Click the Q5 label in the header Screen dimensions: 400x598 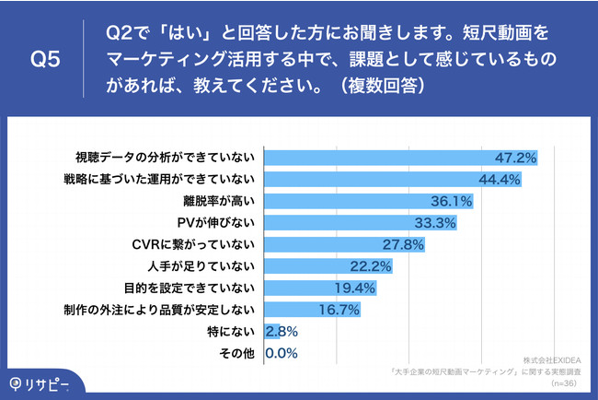pyautogui.click(x=45, y=61)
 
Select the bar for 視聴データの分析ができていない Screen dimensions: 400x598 pyautogui.click(x=400, y=158)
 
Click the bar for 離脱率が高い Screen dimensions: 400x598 pyautogui.click(x=368, y=201)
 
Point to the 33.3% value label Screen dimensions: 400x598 pyautogui.click(x=434, y=223)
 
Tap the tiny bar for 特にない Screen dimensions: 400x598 pyautogui.click(x=268, y=330)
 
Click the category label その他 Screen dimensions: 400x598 pyautogui.click(x=241, y=352)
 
